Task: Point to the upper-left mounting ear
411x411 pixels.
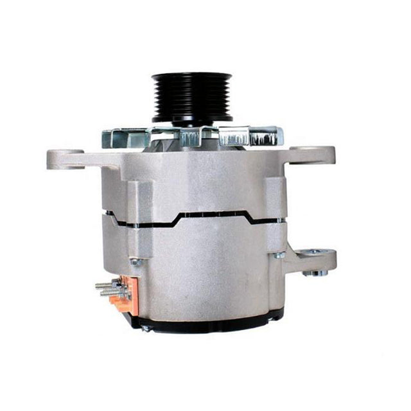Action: pos(66,157)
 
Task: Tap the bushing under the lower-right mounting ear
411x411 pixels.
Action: pos(314,272)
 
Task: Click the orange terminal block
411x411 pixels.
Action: pos(121,292)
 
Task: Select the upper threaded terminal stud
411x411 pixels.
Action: pos(106,284)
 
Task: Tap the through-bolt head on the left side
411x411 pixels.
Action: pos(136,261)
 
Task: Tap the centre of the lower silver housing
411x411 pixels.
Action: pos(205,270)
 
